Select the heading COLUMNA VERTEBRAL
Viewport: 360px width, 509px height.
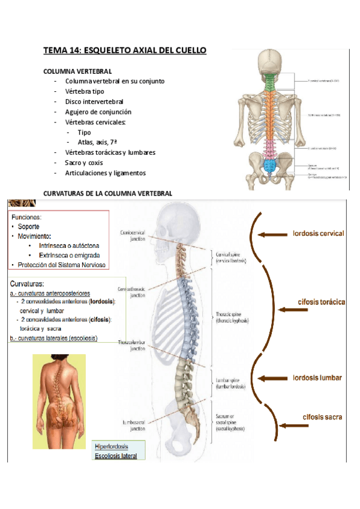[x=77, y=71]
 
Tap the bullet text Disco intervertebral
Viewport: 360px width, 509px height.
[x=94, y=101]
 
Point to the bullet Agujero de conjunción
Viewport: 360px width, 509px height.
[x=98, y=112]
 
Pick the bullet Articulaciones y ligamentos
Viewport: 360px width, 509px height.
[x=105, y=173]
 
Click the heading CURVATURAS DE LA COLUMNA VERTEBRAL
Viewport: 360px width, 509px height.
[x=108, y=193]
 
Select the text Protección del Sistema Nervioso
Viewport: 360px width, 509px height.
[x=62, y=265]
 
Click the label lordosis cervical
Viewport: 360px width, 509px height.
[x=318, y=233]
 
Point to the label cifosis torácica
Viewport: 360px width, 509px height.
[x=321, y=303]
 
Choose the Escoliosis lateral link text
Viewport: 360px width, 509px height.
[x=116, y=456]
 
